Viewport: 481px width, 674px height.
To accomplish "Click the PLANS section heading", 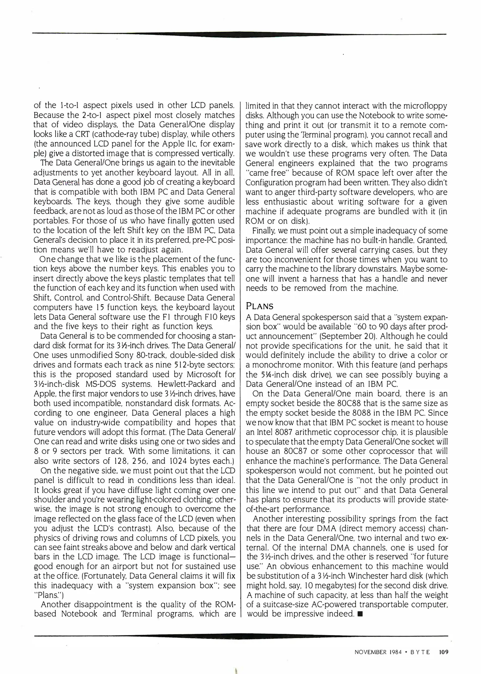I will click(x=260, y=306).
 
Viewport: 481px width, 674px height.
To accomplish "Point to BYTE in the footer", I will click(x=420, y=652).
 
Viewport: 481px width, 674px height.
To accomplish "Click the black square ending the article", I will click(x=360, y=614).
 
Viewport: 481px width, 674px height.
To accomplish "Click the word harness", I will click(x=315, y=279).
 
